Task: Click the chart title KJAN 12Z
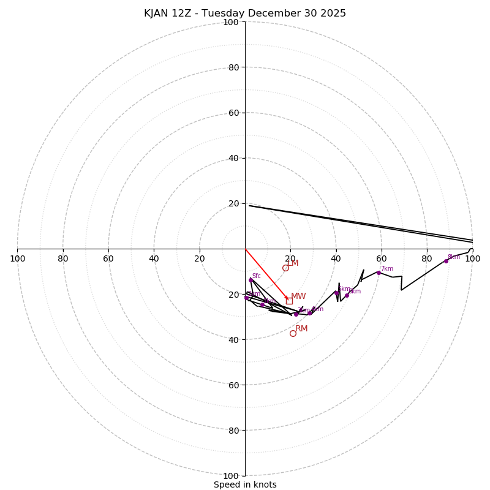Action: [245, 13]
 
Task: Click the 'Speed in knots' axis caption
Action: [245, 484]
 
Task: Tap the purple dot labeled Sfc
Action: [251, 280]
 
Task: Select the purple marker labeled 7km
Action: [379, 273]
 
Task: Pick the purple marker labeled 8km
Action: [446, 261]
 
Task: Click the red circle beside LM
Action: [285, 268]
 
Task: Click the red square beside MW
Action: [289, 301]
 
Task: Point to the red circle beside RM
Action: [293, 333]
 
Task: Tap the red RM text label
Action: [301, 329]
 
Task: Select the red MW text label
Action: [298, 296]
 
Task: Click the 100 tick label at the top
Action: [231, 22]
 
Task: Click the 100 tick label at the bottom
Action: [231, 475]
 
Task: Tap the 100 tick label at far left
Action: [18, 258]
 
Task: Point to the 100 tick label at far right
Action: [472, 258]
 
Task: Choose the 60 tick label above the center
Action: [233, 113]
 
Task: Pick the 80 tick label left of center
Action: [63, 258]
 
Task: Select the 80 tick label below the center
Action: [233, 430]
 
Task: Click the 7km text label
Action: [387, 268]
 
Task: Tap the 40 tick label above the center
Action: [233, 158]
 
